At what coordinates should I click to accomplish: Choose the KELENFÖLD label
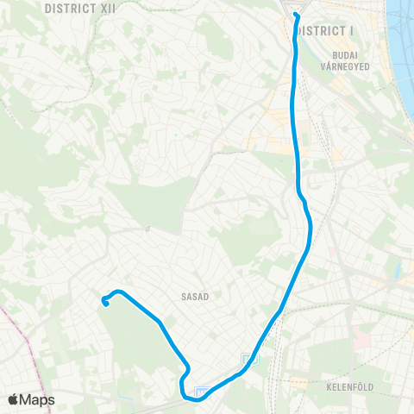click(349, 387)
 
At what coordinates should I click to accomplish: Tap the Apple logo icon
click(13, 400)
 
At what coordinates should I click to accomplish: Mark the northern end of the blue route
click(295, 15)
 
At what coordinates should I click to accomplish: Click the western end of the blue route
click(104, 301)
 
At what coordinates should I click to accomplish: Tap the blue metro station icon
click(202, 393)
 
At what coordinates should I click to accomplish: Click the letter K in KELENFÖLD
click(329, 387)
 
